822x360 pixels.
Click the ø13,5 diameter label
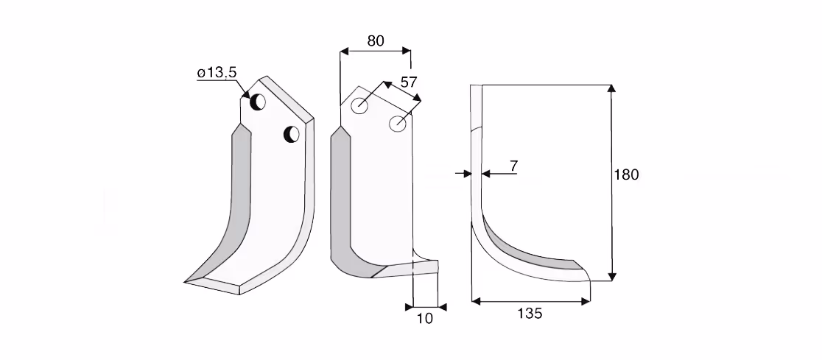click(x=217, y=73)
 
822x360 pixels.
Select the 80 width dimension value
click(x=376, y=41)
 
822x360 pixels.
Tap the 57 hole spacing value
click(x=408, y=82)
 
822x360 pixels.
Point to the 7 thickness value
click(x=514, y=166)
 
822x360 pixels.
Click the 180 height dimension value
click(x=627, y=175)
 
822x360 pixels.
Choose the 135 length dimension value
click(x=530, y=314)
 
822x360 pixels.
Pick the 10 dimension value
click(x=425, y=318)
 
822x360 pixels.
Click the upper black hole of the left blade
click(x=257, y=102)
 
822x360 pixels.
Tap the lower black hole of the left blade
click(x=292, y=134)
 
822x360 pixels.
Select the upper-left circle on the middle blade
click(x=359, y=106)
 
